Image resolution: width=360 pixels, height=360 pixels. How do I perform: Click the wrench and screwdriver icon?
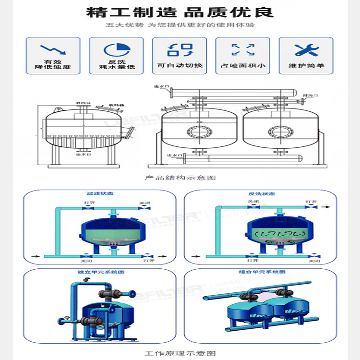click(306, 49)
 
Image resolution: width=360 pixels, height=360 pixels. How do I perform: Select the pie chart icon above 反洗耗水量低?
click(117, 49)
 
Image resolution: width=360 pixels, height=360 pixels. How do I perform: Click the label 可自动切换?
click(180, 65)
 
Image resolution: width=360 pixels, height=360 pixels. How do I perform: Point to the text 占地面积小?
click(243, 65)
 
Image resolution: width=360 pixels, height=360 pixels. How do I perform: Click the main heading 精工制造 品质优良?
click(180, 12)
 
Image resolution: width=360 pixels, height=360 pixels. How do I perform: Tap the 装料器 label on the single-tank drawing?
click(116, 104)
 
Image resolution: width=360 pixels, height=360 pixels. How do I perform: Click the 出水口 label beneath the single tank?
click(83, 154)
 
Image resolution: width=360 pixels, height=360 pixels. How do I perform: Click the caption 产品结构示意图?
click(180, 178)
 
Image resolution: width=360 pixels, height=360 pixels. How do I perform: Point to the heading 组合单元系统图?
click(263, 272)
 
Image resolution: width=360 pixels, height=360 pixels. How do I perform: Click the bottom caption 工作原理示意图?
click(180, 353)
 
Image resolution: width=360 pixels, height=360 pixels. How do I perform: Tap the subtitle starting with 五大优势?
click(180, 25)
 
